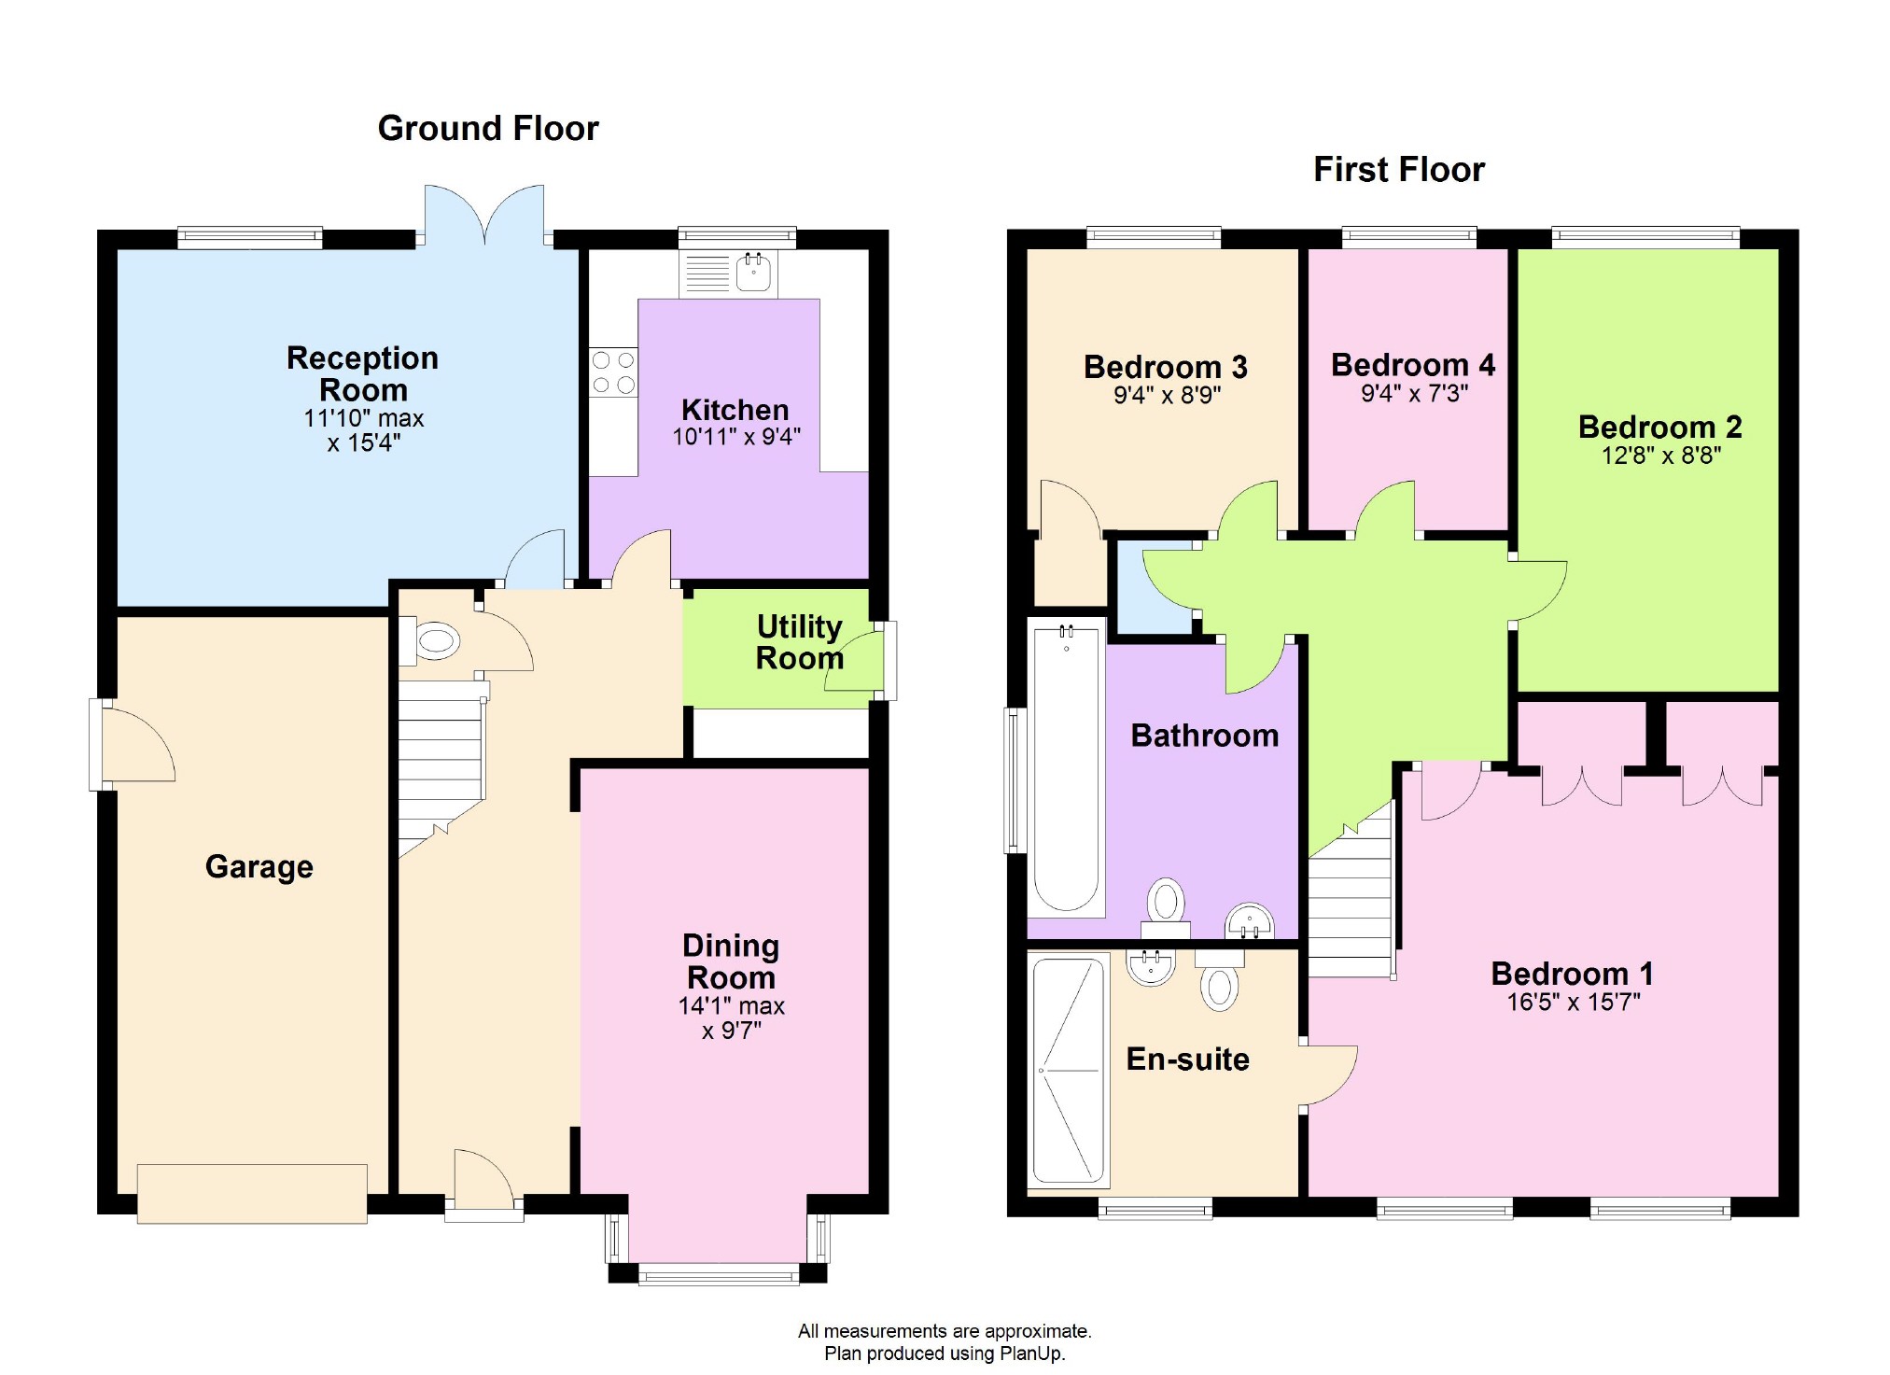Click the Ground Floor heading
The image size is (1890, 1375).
point(488,129)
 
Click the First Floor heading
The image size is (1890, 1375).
point(1399,170)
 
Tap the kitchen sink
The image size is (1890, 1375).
point(753,272)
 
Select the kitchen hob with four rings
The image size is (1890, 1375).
point(613,372)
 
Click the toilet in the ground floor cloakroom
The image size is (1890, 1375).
point(430,641)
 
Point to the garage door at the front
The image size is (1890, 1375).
point(252,1193)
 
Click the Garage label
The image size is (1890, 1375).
point(259,867)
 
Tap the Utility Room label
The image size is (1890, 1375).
point(800,642)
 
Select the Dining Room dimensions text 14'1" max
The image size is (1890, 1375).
point(732,1006)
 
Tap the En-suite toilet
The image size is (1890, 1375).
point(1219,981)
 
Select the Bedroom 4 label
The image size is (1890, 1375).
point(1413,365)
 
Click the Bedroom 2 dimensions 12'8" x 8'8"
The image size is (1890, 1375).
point(1661,456)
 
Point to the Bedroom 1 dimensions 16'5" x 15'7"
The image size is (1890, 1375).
point(1574,1003)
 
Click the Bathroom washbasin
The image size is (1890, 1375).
point(1250,920)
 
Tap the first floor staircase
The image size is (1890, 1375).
point(1351,896)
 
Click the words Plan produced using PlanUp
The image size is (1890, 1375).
point(945,1354)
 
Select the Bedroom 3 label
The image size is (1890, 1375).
point(1166,367)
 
